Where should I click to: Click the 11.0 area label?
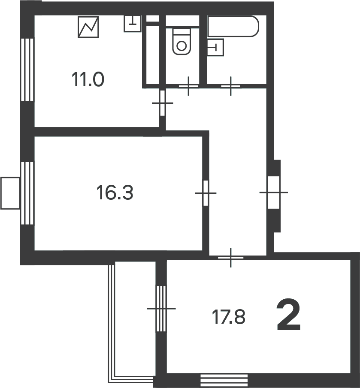(x=88, y=79)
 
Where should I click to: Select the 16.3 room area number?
(x=115, y=192)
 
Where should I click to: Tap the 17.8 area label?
(x=229, y=317)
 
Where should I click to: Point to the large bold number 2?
(x=288, y=315)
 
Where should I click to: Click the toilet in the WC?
(x=182, y=41)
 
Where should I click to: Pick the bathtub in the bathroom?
(x=233, y=26)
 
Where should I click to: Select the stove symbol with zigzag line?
(x=88, y=27)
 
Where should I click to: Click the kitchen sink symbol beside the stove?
(x=133, y=24)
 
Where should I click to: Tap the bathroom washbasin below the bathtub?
(x=215, y=47)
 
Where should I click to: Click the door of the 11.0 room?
(x=163, y=103)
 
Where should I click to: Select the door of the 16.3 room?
(x=206, y=193)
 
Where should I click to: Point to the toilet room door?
(x=188, y=86)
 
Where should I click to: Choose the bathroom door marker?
(x=231, y=86)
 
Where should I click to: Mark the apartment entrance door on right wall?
(x=274, y=192)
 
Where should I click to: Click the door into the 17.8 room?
(x=231, y=258)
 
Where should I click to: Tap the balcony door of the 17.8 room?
(x=161, y=309)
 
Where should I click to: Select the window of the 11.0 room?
(x=27, y=69)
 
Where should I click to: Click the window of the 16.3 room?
(x=27, y=193)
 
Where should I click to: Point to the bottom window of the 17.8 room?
(x=224, y=380)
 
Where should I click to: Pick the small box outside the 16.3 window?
(x=10, y=193)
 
